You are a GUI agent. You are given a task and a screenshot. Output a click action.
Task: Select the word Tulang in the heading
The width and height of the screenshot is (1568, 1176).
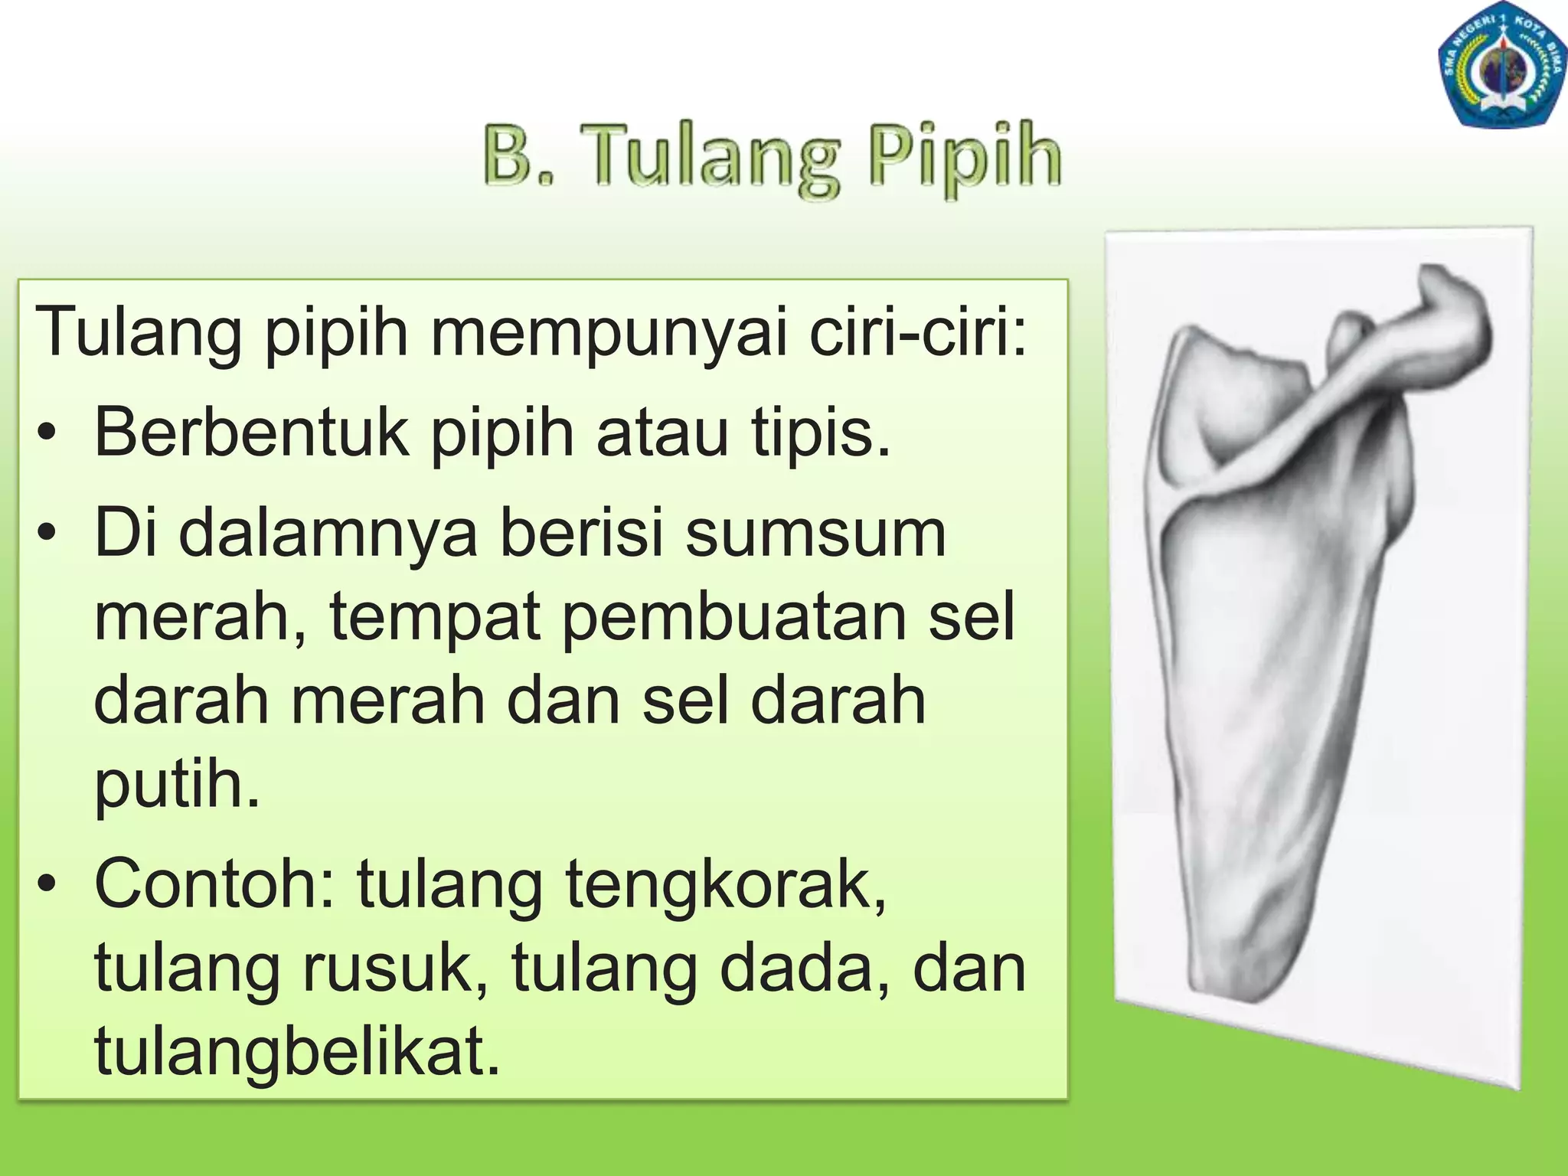click(x=709, y=158)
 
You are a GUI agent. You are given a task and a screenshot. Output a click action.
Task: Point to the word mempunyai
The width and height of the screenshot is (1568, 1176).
click(x=609, y=334)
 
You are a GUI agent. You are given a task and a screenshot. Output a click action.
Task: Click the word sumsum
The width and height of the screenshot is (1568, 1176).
click(x=815, y=534)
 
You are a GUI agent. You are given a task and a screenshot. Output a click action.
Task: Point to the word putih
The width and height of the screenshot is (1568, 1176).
click(x=177, y=784)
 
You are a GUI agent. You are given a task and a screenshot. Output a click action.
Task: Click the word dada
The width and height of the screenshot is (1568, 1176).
click(x=805, y=968)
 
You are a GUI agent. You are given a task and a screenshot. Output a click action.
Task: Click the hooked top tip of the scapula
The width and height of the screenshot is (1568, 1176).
click(x=1439, y=279)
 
